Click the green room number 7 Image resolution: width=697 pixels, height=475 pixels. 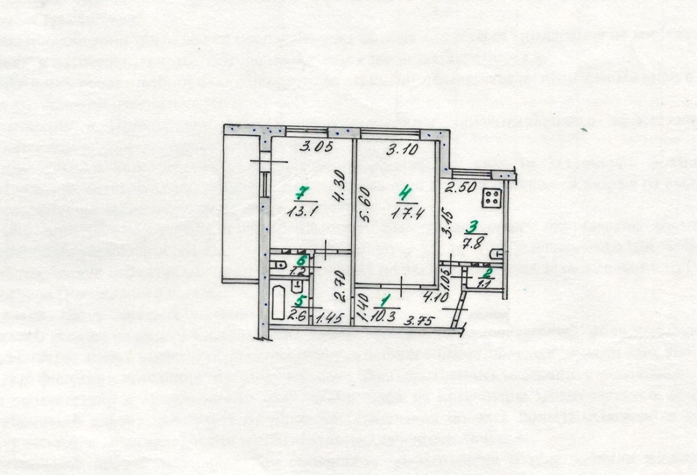pyautogui.click(x=301, y=193)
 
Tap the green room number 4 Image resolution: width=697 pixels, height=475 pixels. pyautogui.click(x=404, y=193)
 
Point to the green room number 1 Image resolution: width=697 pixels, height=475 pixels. pyautogui.click(x=386, y=300)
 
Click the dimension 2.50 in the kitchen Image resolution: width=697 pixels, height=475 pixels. pyautogui.click(x=461, y=189)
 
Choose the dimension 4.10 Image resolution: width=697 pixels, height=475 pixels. pyautogui.click(x=436, y=298)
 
